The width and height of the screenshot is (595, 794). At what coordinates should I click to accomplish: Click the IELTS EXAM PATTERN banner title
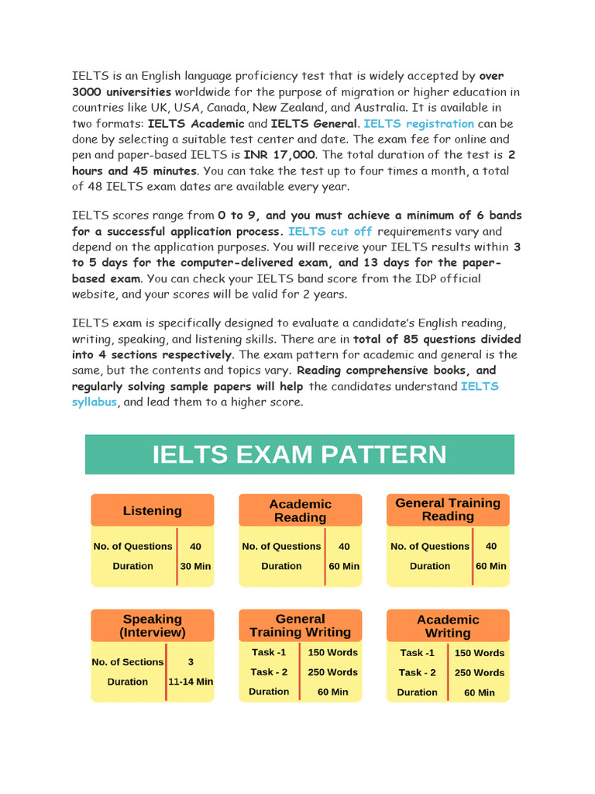coord(299,454)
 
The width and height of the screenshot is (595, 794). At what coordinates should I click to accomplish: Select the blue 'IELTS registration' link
coord(418,123)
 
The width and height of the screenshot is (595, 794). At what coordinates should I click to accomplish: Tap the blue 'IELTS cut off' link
coord(330,231)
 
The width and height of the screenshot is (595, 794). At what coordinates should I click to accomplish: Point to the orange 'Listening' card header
coord(153,510)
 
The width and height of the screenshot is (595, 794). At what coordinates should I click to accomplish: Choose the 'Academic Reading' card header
coord(300,510)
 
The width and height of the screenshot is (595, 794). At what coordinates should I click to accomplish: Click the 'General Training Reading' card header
coord(448,509)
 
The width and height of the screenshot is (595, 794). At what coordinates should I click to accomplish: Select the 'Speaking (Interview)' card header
coord(153,626)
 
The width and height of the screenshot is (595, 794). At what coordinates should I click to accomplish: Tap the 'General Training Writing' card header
coord(300,626)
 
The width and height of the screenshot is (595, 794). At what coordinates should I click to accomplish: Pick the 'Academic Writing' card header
coord(448,626)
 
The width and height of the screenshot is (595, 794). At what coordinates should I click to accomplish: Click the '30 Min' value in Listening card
coord(195,566)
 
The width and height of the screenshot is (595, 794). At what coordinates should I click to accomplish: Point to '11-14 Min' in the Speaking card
coord(191,682)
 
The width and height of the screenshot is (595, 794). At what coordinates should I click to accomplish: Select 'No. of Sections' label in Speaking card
coord(128,662)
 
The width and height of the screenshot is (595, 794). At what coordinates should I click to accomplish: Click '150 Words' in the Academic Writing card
coord(480,653)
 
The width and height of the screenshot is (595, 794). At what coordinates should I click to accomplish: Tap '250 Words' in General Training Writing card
coord(332,672)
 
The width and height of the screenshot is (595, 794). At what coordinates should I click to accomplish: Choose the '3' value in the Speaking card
coord(191,662)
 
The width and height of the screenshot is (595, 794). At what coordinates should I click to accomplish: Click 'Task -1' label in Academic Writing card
coord(417,653)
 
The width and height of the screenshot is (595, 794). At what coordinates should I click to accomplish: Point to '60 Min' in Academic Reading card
coord(344,566)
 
